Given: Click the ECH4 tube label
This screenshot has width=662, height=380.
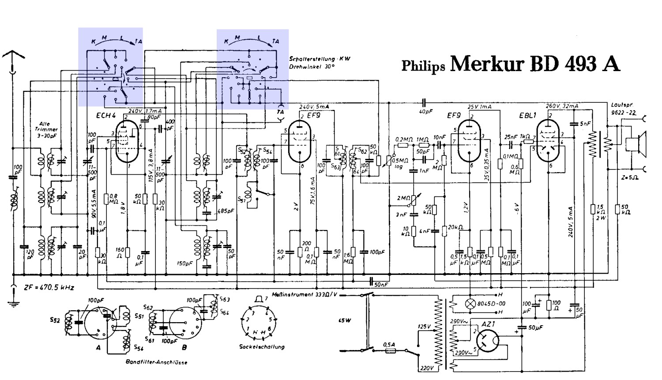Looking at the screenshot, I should coord(105,116).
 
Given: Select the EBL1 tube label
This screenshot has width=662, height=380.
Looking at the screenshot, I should coord(528,116).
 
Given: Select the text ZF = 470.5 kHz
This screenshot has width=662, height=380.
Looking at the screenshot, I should coord(49,288).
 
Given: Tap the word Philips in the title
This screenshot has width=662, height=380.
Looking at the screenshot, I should coord(423,66).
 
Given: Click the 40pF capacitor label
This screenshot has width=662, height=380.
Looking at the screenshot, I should coord(425,112).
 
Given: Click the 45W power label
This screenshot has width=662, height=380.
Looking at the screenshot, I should coord(345,320).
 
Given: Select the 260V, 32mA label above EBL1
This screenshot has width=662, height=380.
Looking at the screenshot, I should coord(562,106).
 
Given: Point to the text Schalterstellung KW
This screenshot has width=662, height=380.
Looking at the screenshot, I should coord(320,59).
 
